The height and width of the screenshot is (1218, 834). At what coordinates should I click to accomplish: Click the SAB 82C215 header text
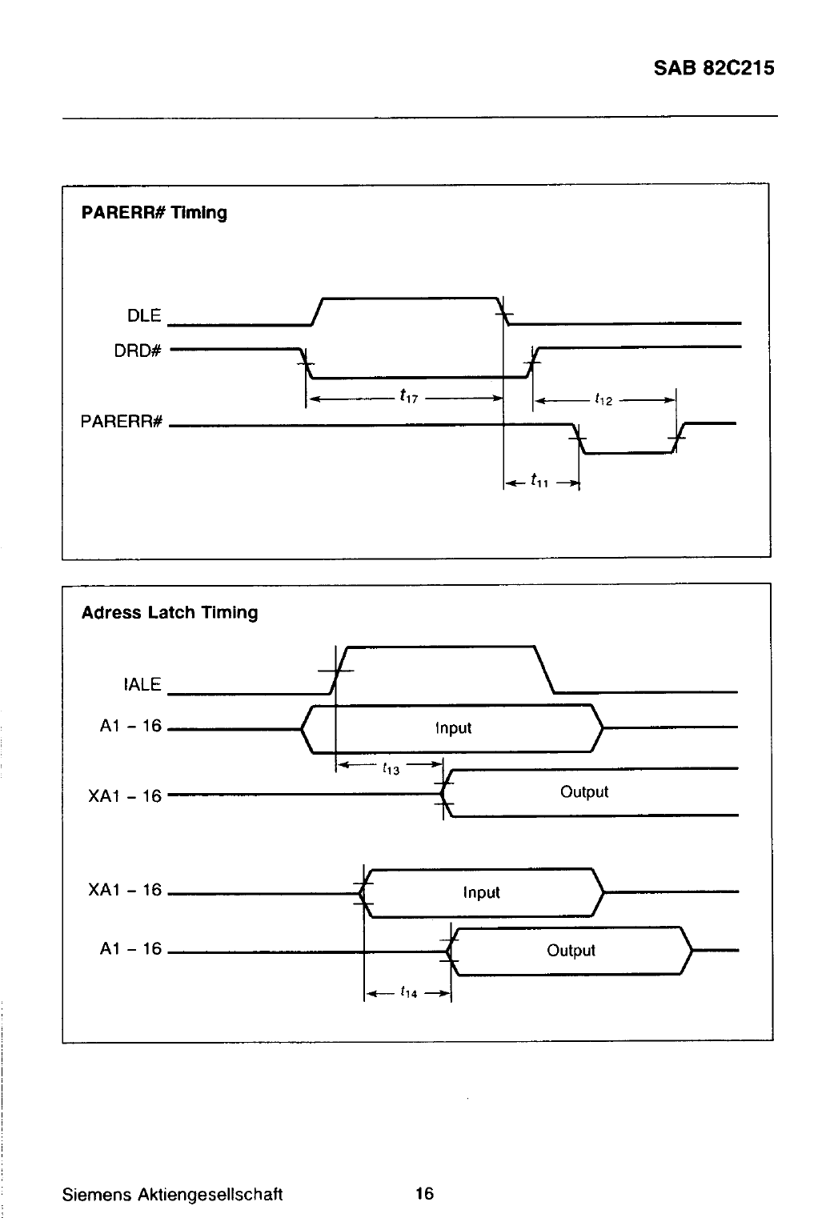click(714, 68)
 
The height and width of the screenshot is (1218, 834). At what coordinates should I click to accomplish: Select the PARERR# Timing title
click(154, 213)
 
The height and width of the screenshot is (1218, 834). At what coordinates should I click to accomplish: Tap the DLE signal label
click(144, 315)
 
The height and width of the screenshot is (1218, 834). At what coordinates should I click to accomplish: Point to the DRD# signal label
click(138, 351)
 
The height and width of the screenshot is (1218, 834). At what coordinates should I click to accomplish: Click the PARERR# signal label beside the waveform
click(121, 422)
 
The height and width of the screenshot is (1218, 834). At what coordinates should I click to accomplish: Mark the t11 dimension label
click(539, 480)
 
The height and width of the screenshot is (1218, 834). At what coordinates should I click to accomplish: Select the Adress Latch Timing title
click(170, 613)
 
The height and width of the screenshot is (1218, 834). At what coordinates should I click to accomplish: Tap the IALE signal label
click(142, 684)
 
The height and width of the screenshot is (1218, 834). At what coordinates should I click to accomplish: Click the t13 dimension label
click(391, 768)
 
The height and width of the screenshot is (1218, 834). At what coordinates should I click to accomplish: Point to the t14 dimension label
click(408, 992)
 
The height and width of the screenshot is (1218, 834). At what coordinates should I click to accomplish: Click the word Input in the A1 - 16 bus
click(454, 728)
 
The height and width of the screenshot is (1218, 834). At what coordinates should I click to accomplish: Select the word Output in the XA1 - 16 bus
click(584, 791)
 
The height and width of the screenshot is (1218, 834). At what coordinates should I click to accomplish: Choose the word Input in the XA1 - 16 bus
click(481, 892)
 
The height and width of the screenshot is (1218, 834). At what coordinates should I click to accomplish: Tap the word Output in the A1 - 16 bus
click(571, 951)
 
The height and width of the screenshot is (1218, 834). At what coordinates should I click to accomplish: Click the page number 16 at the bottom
click(425, 1193)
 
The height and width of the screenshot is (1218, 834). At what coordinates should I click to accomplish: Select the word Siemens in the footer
click(97, 1194)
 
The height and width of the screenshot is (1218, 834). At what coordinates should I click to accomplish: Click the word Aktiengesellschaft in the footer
click(210, 1195)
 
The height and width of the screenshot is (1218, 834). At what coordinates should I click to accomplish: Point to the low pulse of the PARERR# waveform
click(628, 452)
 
